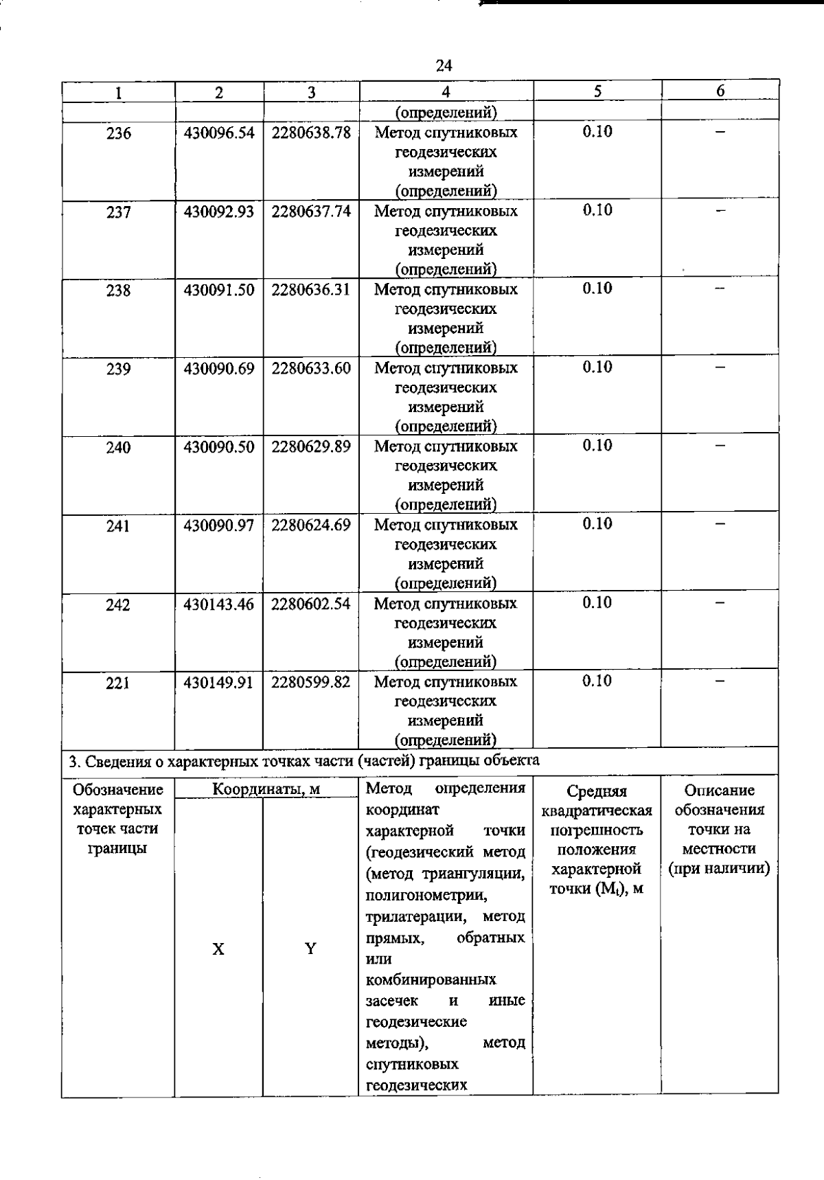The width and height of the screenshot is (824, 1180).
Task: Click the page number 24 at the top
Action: click(x=444, y=65)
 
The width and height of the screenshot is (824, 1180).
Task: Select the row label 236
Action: click(x=118, y=133)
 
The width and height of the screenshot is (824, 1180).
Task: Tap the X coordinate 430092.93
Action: click(x=218, y=212)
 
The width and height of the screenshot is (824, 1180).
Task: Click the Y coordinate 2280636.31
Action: click(x=311, y=290)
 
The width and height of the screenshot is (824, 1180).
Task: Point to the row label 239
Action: click(x=118, y=369)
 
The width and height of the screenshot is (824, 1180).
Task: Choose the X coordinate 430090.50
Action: click(x=218, y=447)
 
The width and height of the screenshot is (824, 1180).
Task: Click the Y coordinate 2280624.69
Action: click(x=311, y=525)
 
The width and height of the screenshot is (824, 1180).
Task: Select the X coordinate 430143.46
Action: click(x=218, y=604)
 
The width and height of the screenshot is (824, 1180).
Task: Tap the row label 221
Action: click(x=118, y=683)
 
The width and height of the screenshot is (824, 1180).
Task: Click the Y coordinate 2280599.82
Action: click(x=311, y=682)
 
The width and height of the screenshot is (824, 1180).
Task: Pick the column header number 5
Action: click(x=597, y=91)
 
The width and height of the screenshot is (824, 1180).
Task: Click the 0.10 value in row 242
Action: click(x=597, y=602)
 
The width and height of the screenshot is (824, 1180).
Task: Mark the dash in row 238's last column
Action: click(x=720, y=289)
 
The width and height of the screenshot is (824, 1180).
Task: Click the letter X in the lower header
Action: click(x=218, y=949)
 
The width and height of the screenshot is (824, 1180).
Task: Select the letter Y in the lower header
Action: click(x=310, y=949)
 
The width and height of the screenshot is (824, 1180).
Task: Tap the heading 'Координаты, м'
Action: click(x=266, y=789)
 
